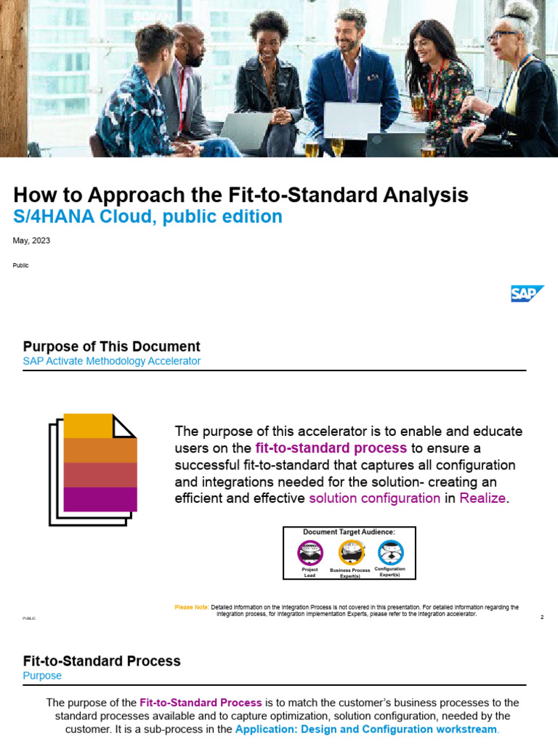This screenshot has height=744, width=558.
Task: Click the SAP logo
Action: (527, 294)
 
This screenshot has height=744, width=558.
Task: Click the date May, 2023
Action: (32, 240)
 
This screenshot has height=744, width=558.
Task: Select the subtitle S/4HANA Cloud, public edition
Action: (147, 217)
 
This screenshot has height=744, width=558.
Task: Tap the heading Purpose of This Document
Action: (111, 347)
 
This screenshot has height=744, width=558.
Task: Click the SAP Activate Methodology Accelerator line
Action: (112, 361)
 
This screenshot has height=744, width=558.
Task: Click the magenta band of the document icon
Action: (100, 499)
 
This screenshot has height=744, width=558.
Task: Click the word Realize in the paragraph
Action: (482, 498)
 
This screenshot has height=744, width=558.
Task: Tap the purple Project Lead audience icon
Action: (310, 553)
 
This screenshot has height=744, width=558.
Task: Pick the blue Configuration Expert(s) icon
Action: (390, 553)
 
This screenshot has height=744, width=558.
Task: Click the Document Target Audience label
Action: (349, 533)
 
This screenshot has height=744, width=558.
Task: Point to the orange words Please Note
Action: (191, 607)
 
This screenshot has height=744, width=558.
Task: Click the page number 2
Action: (542, 618)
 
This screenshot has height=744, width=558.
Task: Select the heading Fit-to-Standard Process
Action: (102, 661)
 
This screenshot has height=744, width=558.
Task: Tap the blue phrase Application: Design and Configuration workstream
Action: (365, 729)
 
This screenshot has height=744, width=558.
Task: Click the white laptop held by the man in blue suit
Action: (352, 120)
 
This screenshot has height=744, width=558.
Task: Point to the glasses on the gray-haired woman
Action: (501, 34)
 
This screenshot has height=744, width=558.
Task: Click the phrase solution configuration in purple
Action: (374, 498)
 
